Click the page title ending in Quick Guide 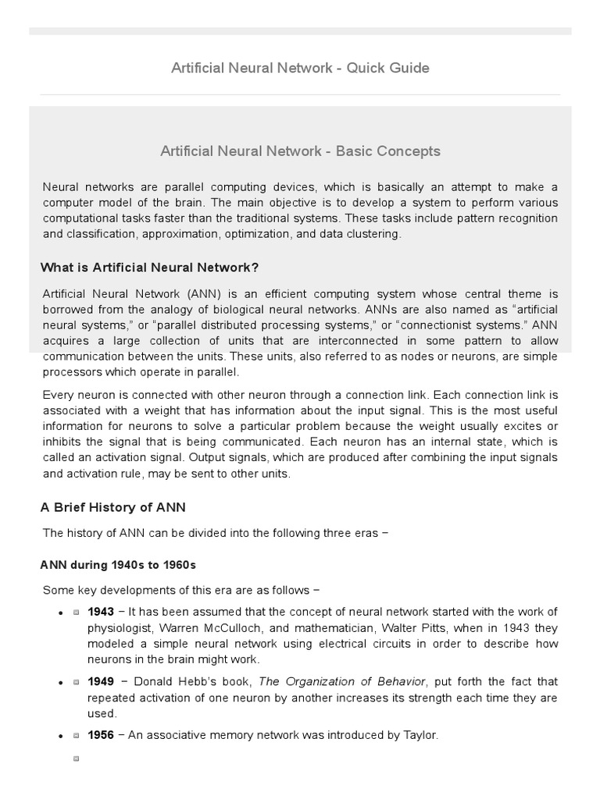point(300,68)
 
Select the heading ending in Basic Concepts point(300,151)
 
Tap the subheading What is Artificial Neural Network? point(149,268)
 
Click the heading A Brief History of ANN point(113,507)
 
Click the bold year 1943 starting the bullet point(101,611)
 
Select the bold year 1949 point(101,681)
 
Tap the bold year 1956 point(101,735)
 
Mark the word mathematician point(334,627)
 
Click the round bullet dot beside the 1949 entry point(60,682)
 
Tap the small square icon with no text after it point(76,758)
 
